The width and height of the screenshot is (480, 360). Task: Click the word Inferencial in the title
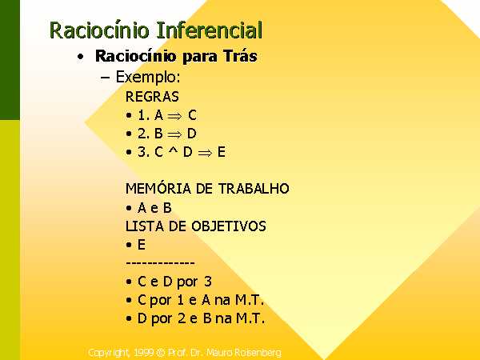click(210, 30)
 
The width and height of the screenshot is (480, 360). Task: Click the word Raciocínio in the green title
click(99, 30)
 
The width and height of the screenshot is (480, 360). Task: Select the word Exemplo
click(148, 78)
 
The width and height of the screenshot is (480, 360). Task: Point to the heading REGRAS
click(152, 97)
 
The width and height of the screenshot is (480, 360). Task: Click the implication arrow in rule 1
click(174, 116)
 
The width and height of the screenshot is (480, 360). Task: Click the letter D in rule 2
click(192, 134)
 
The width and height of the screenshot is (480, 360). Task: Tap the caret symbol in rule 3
click(174, 150)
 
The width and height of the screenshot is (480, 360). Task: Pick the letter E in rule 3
click(222, 152)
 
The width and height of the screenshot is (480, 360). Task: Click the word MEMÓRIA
click(158, 188)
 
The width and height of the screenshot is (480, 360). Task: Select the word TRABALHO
click(254, 188)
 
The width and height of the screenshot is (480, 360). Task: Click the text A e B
click(154, 208)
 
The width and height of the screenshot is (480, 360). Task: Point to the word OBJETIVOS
click(229, 226)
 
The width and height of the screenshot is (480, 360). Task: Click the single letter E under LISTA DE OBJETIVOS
click(142, 245)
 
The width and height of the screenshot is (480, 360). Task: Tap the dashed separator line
click(160, 263)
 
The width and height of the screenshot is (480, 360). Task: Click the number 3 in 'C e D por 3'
click(208, 282)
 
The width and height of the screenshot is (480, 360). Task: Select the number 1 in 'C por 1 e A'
click(180, 300)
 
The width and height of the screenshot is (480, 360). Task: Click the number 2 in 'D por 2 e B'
click(182, 318)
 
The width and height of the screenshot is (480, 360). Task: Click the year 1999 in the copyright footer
click(143, 353)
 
